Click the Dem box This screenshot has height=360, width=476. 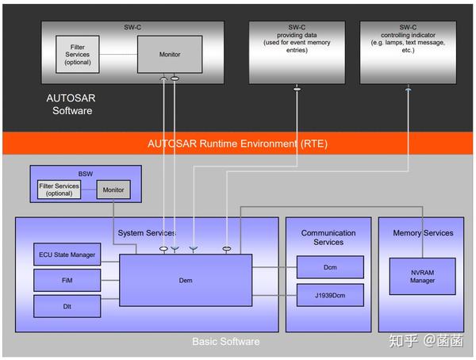pos(185,279)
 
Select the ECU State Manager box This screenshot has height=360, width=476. pos(67,255)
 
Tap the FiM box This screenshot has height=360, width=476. pos(67,280)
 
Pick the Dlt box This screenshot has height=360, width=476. pos(67,305)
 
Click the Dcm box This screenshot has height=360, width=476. pos(330,267)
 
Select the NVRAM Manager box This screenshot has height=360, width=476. pos(422,276)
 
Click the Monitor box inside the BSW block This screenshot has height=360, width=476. pos(113,190)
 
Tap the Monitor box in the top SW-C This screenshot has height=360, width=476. pos(169,55)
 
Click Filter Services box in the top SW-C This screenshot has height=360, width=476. pos(79,55)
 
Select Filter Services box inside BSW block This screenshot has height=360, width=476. pos(59,190)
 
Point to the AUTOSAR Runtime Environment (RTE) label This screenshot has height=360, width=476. pos(237,144)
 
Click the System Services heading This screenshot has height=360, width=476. pos(147,233)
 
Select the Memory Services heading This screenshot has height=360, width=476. pos(423,233)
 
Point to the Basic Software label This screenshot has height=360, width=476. pos(225,342)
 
